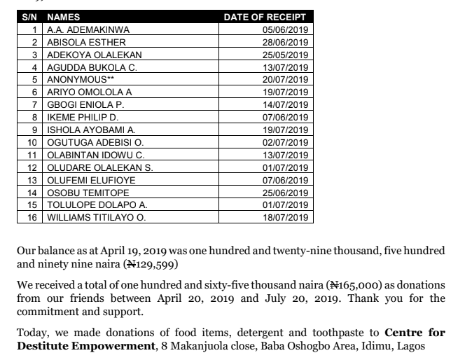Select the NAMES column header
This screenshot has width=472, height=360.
click(64, 17)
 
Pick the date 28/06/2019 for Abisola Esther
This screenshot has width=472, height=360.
click(285, 43)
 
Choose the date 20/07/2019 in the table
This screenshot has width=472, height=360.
click(285, 80)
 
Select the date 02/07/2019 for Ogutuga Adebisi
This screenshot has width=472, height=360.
click(285, 142)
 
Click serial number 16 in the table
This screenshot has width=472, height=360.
click(32, 218)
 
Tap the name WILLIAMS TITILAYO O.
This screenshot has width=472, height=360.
click(96, 218)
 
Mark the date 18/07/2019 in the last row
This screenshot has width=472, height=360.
click(285, 218)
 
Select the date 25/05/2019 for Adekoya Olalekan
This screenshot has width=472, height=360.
click(285, 55)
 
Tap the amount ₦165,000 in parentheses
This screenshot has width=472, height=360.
click(356, 286)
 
